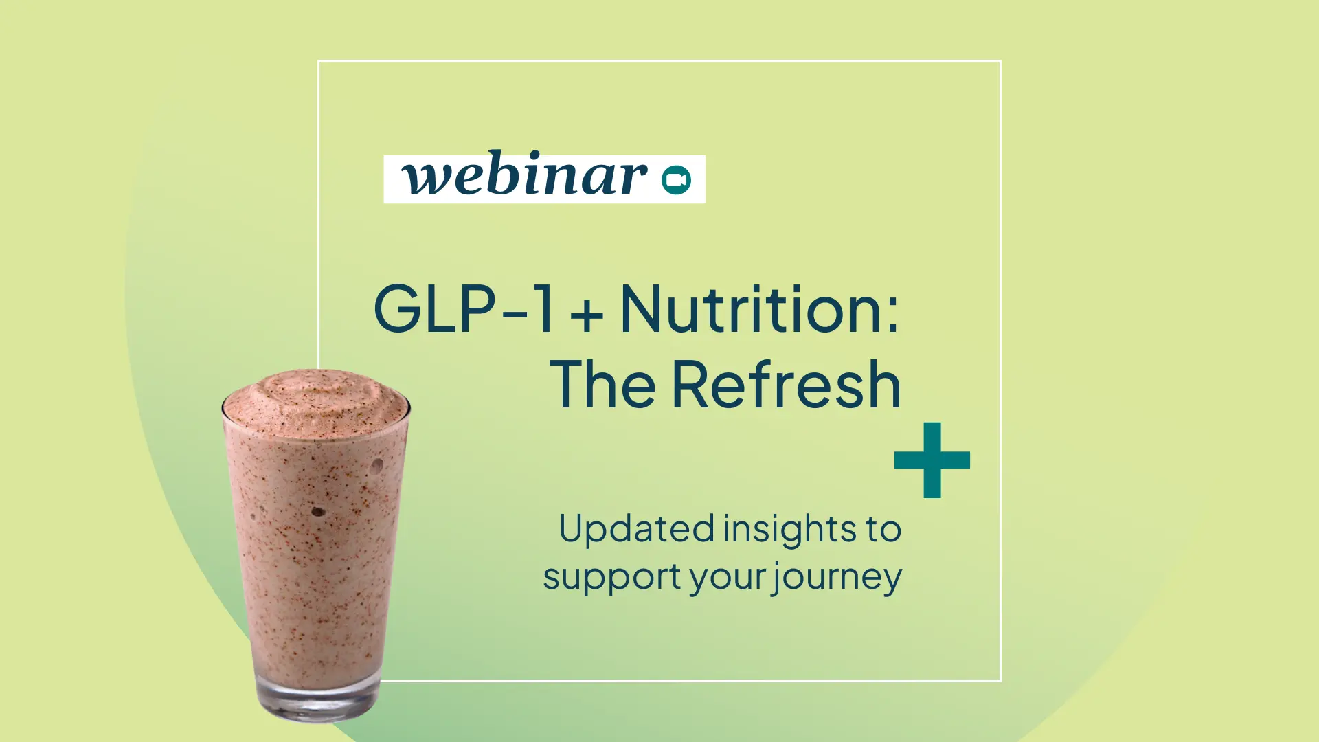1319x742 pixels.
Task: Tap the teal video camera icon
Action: pyautogui.click(x=676, y=180)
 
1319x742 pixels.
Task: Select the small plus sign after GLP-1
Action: pyautogui.click(x=587, y=316)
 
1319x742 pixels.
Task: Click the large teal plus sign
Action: pyautogui.click(x=932, y=460)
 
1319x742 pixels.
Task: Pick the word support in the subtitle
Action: pyautogui.click(x=612, y=578)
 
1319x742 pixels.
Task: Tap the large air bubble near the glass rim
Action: pyautogui.click(x=377, y=466)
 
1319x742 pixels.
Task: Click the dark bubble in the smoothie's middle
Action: pyautogui.click(x=318, y=512)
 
